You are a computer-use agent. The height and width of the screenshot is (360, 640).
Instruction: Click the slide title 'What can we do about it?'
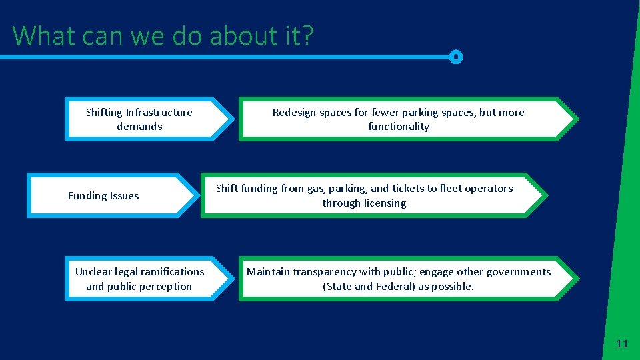point(162,35)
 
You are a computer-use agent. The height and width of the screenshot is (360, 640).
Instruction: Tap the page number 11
point(622,344)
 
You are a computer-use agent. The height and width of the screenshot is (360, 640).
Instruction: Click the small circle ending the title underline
point(456,57)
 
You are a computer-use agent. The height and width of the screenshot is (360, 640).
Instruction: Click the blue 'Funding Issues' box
point(110,196)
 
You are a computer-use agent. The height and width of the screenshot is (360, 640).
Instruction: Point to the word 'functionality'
point(399,127)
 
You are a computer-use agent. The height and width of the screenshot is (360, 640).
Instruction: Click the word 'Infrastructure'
point(159,113)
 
